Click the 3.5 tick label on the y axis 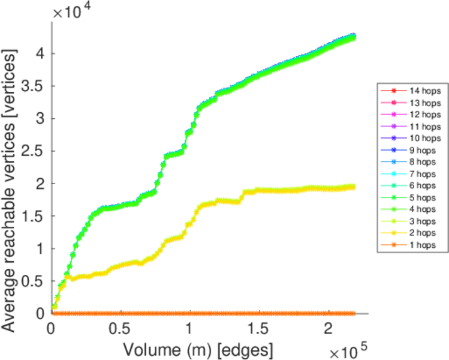click(x=34, y=85)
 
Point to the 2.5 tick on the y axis click(x=34, y=151)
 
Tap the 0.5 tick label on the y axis click(x=34, y=281)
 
